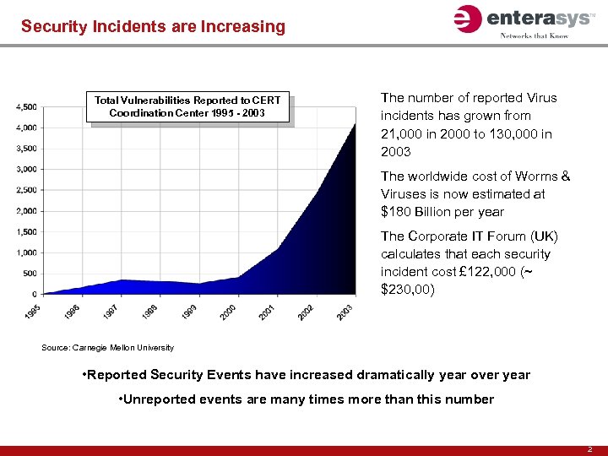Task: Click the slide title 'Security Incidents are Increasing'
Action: [153, 26]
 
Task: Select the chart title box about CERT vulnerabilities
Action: [188, 106]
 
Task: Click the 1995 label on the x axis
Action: [33, 312]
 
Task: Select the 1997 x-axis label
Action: [111, 312]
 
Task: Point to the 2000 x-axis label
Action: [227, 312]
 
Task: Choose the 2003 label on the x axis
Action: [344, 312]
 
